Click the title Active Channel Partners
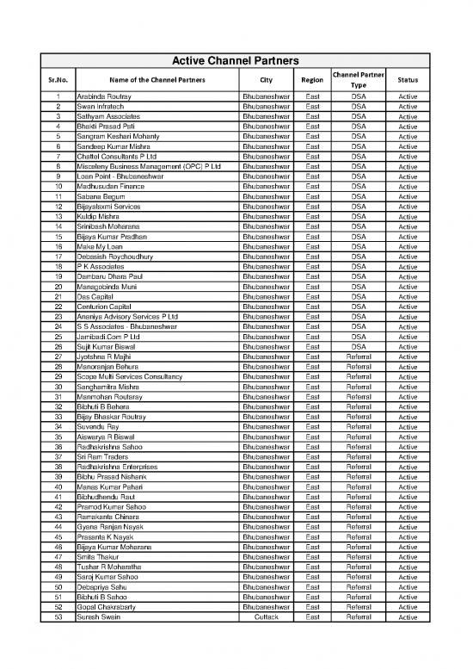click(236, 61)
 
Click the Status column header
click(408, 79)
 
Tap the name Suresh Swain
click(99, 616)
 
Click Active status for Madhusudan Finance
click(408, 187)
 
